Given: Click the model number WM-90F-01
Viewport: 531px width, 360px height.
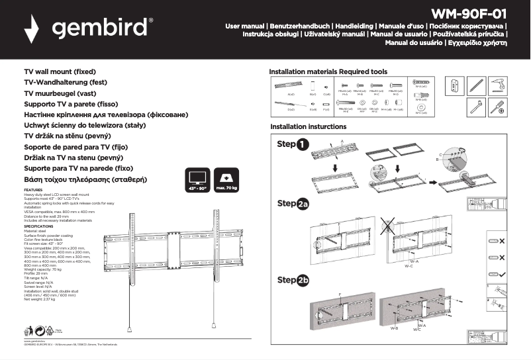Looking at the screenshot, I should tap(469, 13).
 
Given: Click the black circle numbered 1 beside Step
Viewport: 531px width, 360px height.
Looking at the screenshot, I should tap(303, 144).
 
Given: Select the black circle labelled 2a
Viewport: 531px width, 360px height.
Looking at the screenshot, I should tap(303, 204).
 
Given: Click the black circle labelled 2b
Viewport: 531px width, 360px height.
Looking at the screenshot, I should tap(303, 281).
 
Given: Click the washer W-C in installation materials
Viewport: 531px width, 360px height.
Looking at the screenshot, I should tap(420, 105).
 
